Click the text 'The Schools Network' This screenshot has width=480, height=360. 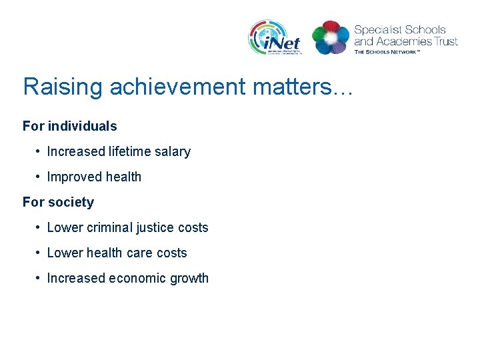pyautogui.click(x=387, y=51)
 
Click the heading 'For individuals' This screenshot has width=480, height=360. pyautogui.click(x=69, y=126)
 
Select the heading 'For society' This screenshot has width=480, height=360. pyautogui.click(x=58, y=202)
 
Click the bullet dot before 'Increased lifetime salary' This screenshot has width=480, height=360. pyautogui.click(x=39, y=152)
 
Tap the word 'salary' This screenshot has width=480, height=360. pyautogui.click(x=173, y=152)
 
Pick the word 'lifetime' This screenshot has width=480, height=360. pyautogui.click(x=129, y=152)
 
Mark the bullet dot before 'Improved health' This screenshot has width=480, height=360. pyautogui.click(x=39, y=177)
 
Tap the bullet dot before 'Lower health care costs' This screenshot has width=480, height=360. pyautogui.click(x=39, y=253)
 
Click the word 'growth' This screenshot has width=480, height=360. pyautogui.click(x=190, y=279)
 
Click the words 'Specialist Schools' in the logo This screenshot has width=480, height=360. pyautogui.click(x=399, y=30)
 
